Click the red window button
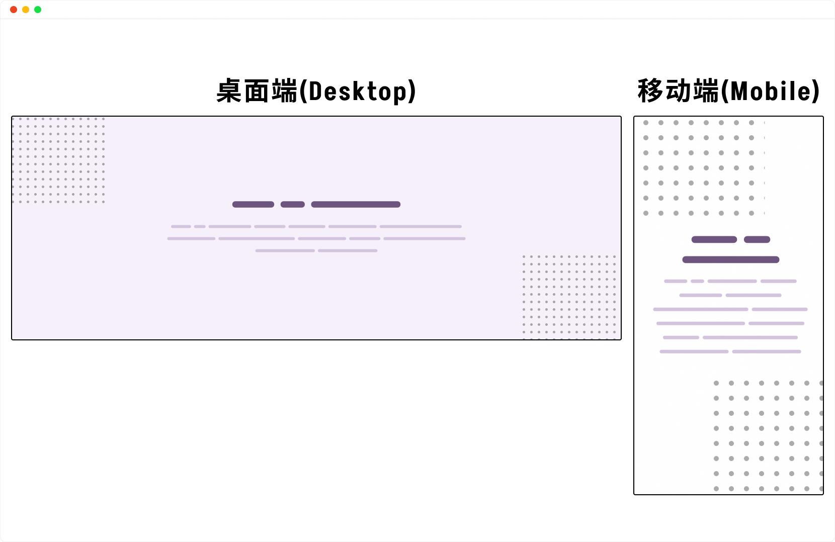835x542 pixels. pyautogui.click(x=14, y=10)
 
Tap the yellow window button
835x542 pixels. pyautogui.click(x=26, y=10)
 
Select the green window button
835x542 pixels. pyautogui.click(x=38, y=10)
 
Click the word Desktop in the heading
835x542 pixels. pyautogui.click(x=358, y=92)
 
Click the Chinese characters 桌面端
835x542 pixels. pyautogui.click(x=257, y=91)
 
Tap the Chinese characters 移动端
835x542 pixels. pyautogui.click(x=678, y=91)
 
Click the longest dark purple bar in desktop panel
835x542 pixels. pyautogui.click(x=356, y=205)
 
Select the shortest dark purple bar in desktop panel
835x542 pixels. pyautogui.click(x=293, y=205)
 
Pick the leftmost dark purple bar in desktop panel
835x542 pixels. pyautogui.click(x=253, y=205)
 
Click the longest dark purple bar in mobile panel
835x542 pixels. pyautogui.click(x=730, y=259)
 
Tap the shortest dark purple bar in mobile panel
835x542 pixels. pyautogui.click(x=757, y=239)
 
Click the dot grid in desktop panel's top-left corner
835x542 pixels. pyautogui.click(x=58, y=160)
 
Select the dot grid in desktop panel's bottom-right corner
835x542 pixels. pyautogui.click(x=569, y=297)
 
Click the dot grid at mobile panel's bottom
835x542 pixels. pyautogui.click(x=769, y=436)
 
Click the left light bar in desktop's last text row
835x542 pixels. pyautogui.click(x=285, y=251)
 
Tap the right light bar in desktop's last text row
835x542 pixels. pyautogui.click(x=348, y=251)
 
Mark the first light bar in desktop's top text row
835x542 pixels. pyautogui.click(x=181, y=226)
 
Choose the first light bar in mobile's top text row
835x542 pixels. pyautogui.click(x=676, y=281)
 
